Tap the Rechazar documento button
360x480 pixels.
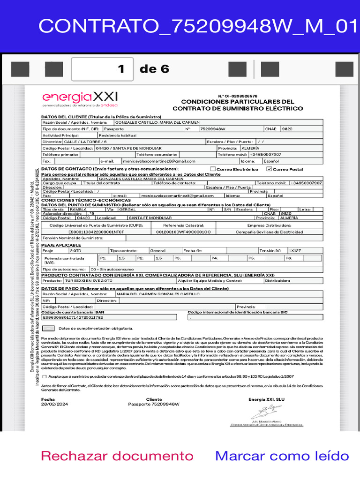[x=117, y=456]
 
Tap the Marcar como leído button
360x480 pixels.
[x=282, y=456]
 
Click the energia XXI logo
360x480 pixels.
[x=80, y=99]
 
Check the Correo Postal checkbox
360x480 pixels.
[x=269, y=169]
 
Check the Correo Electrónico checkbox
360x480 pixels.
[x=213, y=169]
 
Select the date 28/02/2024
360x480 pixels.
[x=54, y=404]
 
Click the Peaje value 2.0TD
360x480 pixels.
[x=75, y=251]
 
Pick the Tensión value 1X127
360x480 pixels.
[x=295, y=251]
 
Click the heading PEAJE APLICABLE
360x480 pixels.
[x=61, y=245]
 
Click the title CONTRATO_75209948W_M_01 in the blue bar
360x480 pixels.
[x=199, y=26]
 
